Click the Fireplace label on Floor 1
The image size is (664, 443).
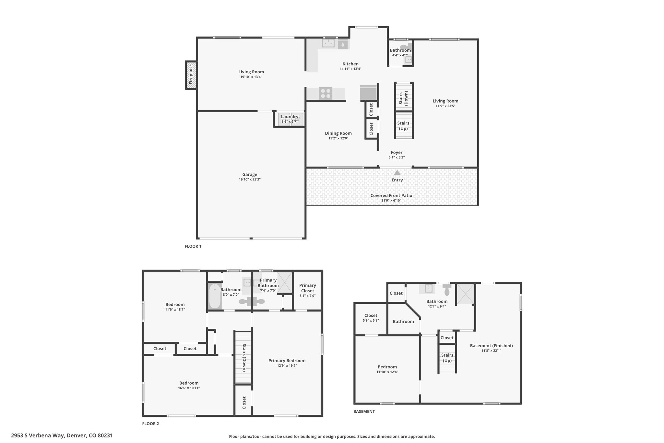pos(191,75)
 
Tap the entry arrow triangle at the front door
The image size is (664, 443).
pos(397,173)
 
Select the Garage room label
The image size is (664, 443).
pos(250,175)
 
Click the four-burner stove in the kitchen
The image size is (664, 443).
pos(326,93)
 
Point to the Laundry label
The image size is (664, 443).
pos(290,117)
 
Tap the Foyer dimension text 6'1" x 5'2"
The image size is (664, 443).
pos(397,157)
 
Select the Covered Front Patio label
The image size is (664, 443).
pos(391,196)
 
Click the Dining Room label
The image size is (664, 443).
pos(338,133)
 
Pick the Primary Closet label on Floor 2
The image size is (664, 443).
pos(307,288)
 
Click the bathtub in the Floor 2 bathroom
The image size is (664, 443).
pos(215,296)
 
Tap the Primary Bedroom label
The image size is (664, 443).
pos(287,361)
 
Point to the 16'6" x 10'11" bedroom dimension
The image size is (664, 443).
pos(189,388)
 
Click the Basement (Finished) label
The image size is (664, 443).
pos(491,346)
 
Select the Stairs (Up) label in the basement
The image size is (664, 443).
pos(447,358)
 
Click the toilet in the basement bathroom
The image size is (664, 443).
pos(447,290)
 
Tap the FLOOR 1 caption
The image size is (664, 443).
pos(193,246)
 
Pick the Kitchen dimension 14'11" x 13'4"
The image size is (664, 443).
pos(350,69)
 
